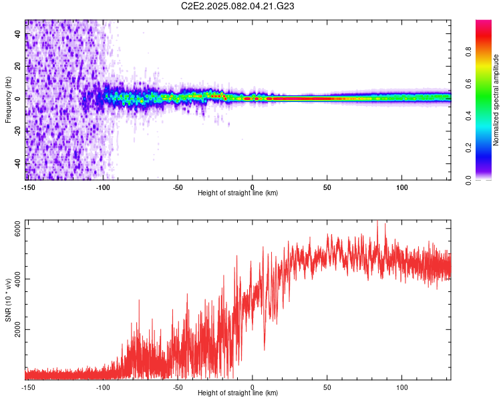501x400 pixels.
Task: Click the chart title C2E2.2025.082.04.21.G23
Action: click(237, 6)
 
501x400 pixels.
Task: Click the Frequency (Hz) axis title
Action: click(8, 100)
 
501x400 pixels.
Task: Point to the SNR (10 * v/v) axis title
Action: click(8, 300)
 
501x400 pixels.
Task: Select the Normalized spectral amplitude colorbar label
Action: click(496, 100)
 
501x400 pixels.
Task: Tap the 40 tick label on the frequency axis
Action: click(18, 34)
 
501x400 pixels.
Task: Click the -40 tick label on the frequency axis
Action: click(18, 163)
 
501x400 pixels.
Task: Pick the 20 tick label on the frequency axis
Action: click(18, 66)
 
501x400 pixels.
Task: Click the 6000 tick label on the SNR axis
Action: click(18, 229)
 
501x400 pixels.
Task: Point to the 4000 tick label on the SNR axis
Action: click(18, 279)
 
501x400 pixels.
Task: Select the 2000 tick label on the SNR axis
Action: click(18, 329)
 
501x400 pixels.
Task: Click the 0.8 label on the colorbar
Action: click(468, 52)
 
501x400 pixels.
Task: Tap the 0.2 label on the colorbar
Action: click(468, 148)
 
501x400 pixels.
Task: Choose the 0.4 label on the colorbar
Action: click(468, 116)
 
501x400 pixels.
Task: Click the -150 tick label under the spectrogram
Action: click(28, 187)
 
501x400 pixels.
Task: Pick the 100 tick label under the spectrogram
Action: click(402, 187)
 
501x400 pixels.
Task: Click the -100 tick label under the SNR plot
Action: click(103, 387)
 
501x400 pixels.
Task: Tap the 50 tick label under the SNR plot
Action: click(327, 387)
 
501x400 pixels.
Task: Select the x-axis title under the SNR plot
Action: click(238, 393)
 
